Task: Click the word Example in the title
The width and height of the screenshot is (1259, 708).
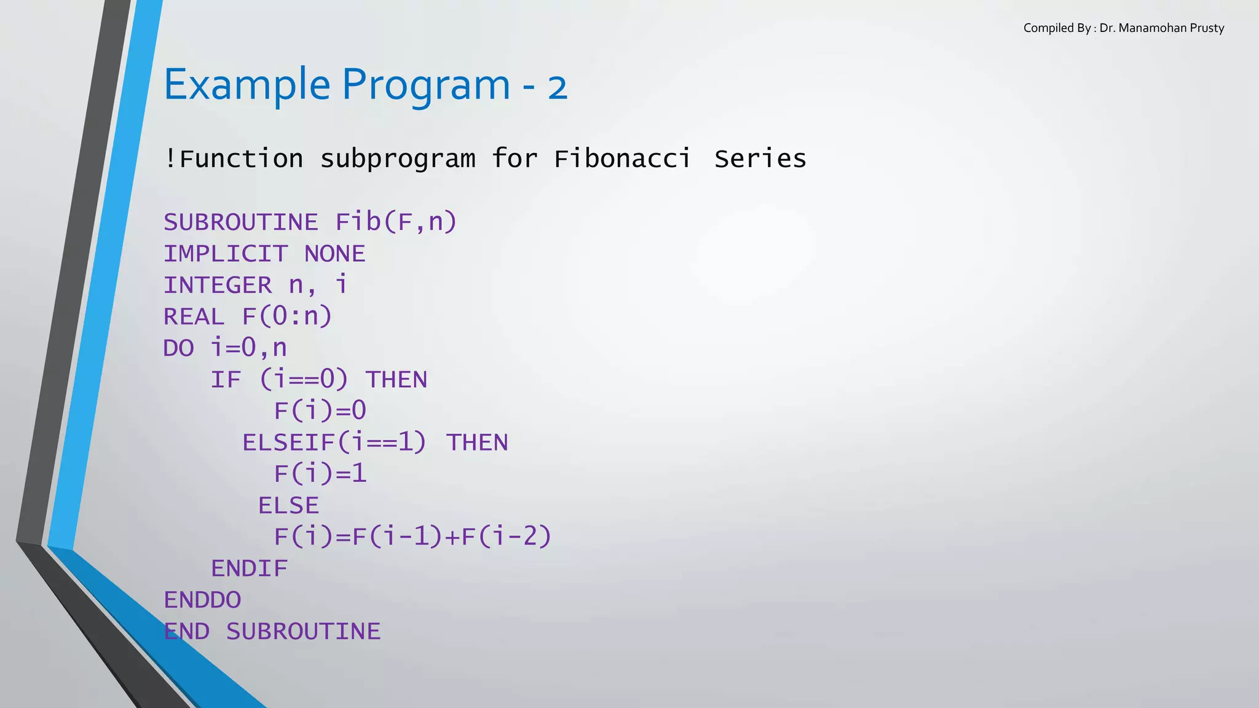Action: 247,85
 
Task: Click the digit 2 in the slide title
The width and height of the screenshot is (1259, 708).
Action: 557,88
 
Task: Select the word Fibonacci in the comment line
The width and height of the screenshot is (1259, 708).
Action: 622,159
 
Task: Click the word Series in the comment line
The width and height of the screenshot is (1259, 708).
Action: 760,159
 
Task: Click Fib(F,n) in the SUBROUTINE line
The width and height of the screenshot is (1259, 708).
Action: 396,222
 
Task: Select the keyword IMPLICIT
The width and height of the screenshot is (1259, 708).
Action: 226,254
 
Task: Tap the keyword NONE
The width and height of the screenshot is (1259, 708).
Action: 335,254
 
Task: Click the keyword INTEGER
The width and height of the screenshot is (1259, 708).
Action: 218,285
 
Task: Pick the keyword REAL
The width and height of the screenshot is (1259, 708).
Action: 194,317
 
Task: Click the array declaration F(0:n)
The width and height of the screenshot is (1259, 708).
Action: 287,317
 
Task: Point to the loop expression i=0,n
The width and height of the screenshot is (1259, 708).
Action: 249,348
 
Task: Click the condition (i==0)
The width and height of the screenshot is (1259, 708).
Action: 304,379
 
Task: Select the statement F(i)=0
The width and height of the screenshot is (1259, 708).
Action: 320,411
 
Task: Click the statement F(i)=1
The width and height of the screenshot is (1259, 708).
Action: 320,474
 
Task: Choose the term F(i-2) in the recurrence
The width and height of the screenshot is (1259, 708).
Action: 507,537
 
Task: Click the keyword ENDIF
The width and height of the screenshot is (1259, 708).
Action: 249,568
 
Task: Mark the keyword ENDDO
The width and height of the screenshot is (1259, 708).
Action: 202,600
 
